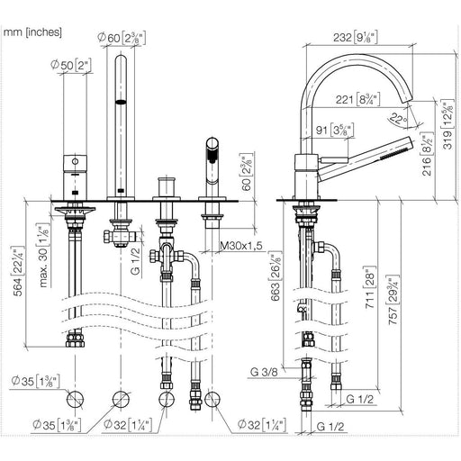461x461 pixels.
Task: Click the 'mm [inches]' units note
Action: pyautogui.click(x=32, y=32)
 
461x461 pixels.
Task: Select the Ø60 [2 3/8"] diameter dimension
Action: pyautogui.click(x=122, y=38)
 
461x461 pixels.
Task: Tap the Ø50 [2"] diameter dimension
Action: pyautogui.click(x=71, y=65)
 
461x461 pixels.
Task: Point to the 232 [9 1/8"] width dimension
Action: pyautogui.click(x=356, y=38)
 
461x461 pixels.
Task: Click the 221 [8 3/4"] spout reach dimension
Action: pyautogui.click(x=357, y=99)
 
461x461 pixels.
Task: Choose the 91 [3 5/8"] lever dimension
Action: pyautogui.click(x=335, y=131)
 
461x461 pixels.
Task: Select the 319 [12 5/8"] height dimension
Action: pyautogui.click(x=448, y=124)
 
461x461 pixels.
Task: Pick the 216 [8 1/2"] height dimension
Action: pyautogui.click(x=428, y=155)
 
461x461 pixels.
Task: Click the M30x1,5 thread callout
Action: pyautogui.click(x=241, y=246)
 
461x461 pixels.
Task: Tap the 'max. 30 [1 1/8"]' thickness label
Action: pyautogui.click(x=43, y=255)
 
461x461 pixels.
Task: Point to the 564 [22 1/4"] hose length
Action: pyautogui.click(x=19, y=271)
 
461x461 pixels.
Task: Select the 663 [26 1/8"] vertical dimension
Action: pyautogui.click(x=276, y=276)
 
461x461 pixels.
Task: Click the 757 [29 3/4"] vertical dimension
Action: pyautogui.click(x=393, y=300)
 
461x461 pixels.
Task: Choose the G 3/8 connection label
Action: pyautogui.click(x=264, y=372)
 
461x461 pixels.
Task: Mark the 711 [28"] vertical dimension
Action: pyautogui.click(x=370, y=287)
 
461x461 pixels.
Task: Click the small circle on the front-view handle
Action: pyautogui.click(x=75, y=161)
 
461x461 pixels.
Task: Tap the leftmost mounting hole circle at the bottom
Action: pyautogui.click(x=75, y=400)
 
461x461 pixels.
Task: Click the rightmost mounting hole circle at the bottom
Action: pyautogui.click(x=212, y=400)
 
